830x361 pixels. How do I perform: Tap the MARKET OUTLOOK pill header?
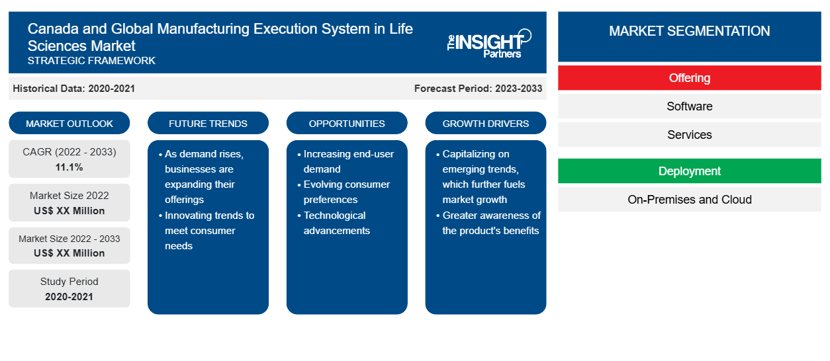tap(69, 123)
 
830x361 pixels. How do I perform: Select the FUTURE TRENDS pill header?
tap(208, 123)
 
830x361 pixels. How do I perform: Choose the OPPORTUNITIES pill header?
tap(347, 123)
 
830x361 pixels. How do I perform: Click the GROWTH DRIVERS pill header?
tap(485, 123)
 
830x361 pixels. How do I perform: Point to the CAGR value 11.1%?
tap(69, 167)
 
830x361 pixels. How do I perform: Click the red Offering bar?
tap(689, 78)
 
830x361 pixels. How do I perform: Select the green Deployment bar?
tap(689, 171)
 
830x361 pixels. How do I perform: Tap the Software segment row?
tap(689, 106)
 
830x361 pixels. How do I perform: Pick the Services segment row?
tap(689, 134)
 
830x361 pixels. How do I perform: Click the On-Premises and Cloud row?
tap(689, 200)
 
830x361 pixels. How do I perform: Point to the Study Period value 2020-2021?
tap(69, 297)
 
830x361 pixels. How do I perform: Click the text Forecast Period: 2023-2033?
tap(478, 89)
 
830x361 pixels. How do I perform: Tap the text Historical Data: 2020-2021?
tap(73, 89)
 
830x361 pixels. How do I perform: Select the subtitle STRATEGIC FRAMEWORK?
tap(91, 61)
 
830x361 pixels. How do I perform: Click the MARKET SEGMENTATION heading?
tap(689, 30)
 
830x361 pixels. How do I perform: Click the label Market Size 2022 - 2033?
tap(69, 239)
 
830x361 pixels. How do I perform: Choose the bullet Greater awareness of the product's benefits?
tap(488, 223)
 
